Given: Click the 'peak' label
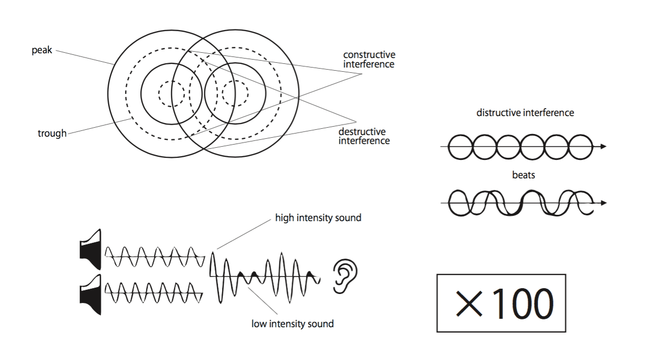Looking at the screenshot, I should pyautogui.click(x=42, y=51).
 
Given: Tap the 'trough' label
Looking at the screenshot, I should pyautogui.click(x=52, y=134).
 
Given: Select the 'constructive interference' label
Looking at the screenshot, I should pyautogui.click(x=369, y=59).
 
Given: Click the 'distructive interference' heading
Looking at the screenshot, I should pyautogui.click(x=525, y=112).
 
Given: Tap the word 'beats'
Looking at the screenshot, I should pyautogui.click(x=523, y=175).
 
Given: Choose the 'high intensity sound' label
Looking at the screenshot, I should pyautogui.click(x=318, y=217).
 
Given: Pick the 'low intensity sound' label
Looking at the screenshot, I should pyautogui.click(x=292, y=324).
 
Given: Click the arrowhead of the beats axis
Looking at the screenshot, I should pyautogui.click(x=603, y=203).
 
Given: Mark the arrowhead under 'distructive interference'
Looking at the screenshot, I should pyautogui.click(x=603, y=146).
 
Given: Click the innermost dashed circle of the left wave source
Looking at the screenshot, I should pyautogui.click(x=171, y=94).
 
